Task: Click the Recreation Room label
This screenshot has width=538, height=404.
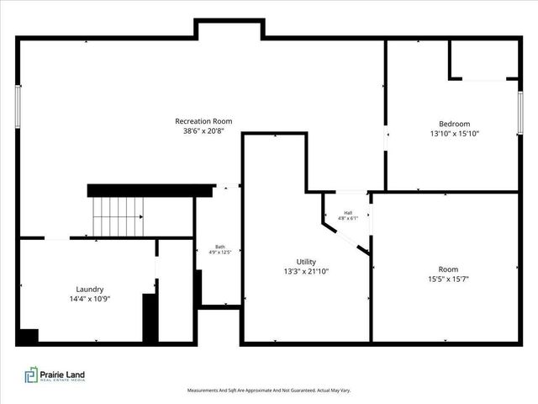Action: (x=203, y=121)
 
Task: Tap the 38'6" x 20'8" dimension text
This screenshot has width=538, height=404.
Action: (x=203, y=130)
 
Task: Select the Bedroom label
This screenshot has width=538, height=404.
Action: (x=454, y=124)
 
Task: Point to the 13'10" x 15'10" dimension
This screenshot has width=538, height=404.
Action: (x=454, y=133)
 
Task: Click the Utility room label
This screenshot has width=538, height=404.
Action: (x=306, y=262)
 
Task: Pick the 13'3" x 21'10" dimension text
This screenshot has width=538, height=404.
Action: (x=306, y=271)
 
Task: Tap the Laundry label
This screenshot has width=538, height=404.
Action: (x=89, y=289)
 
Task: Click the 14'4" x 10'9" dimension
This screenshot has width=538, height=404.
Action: (x=89, y=298)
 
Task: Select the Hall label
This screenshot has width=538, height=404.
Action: (x=348, y=213)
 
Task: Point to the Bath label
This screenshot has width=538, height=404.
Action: (x=219, y=247)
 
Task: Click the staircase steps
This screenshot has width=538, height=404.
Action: (x=119, y=216)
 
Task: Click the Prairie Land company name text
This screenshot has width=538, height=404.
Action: (x=65, y=375)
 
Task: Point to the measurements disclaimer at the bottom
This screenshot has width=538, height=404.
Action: (x=269, y=391)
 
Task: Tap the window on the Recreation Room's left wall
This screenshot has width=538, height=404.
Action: (x=18, y=106)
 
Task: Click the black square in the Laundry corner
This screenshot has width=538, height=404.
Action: (x=27, y=336)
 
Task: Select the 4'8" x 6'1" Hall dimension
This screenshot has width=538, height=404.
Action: (x=348, y=219)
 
